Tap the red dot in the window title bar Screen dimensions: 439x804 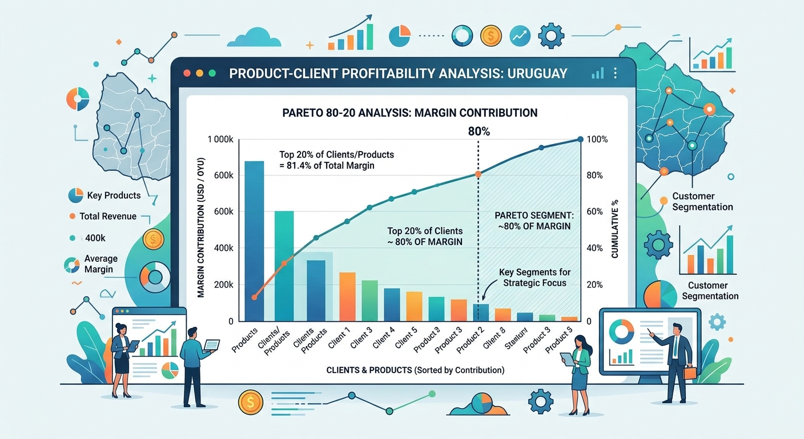(x=185, y=74)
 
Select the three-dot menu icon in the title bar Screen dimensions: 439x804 (x=615, y=74)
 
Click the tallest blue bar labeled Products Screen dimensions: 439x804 (x=254, y=240)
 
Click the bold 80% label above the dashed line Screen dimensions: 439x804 (x=479, y=131)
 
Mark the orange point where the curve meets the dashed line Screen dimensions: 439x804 (x=478, y=174)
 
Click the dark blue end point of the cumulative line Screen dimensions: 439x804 (x=580, y=139)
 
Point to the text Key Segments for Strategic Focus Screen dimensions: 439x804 (x=534, y=277)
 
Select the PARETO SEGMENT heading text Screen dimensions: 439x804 (x=533, y=215)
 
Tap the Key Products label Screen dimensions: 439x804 (x=114, y=195)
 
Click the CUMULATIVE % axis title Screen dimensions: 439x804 (x=615, y=229)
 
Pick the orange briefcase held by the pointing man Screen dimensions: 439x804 (x=690, y=373)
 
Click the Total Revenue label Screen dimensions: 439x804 (x=108, y=216)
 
